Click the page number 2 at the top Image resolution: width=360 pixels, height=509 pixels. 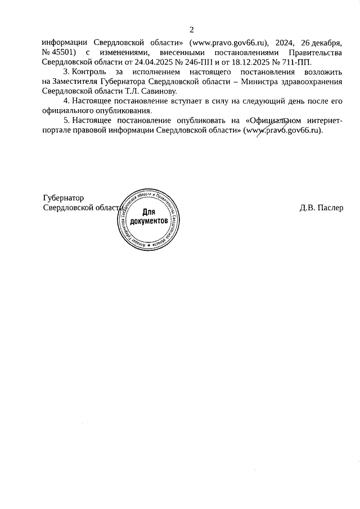click(x=191, y=29)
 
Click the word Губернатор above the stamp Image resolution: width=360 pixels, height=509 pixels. click(x=64, y=197)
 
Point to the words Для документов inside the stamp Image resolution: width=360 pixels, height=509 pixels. click(x=148, y=217)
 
